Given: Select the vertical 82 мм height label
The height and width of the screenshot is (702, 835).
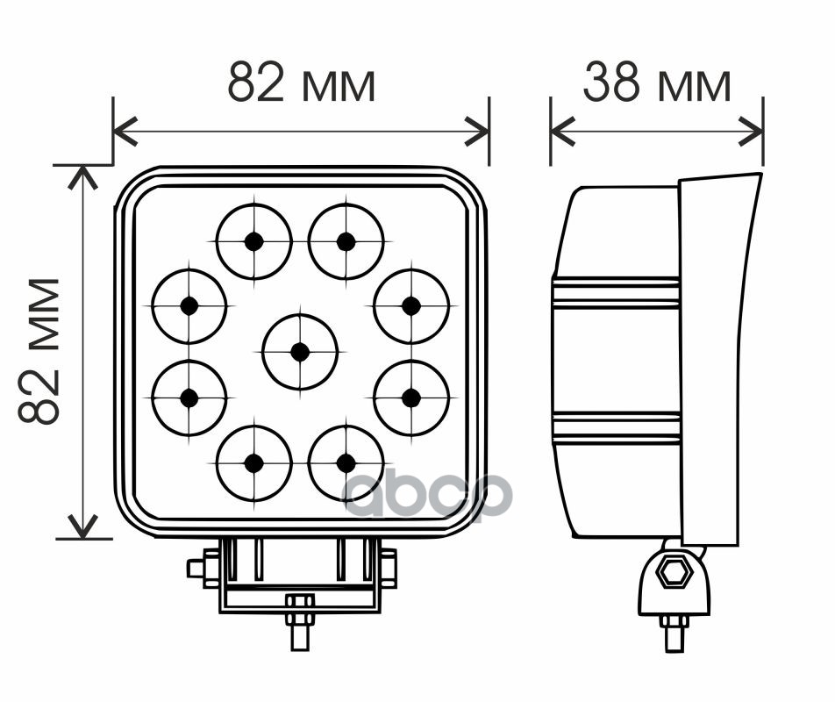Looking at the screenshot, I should (x=40, y=351).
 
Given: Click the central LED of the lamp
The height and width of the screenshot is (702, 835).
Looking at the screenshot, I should (x=300, y=352).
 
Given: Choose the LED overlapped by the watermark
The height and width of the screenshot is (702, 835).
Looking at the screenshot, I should (x=346, y=462).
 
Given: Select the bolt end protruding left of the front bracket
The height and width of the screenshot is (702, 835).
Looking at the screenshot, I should (x=196, y=569).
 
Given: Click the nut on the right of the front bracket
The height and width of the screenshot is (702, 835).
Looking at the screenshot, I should (x=389, y=569).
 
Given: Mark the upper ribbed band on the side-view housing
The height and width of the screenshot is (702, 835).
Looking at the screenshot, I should (x=616, y=294).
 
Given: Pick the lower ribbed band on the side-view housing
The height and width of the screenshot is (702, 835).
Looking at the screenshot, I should (x=617, y=427).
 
